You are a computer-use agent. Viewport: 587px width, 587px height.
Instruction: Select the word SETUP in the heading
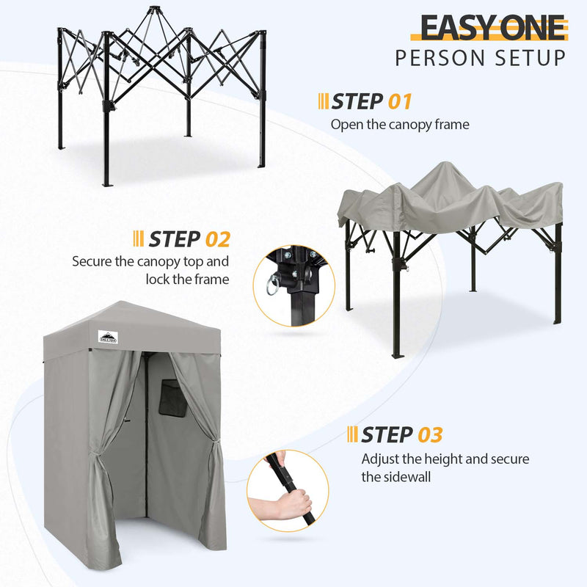(528, 58)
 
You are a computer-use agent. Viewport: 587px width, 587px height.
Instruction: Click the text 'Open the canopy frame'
(400, 124)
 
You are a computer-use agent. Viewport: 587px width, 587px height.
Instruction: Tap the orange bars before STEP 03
(352, 434)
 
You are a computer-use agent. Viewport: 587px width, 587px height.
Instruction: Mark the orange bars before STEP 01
(323, 101)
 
